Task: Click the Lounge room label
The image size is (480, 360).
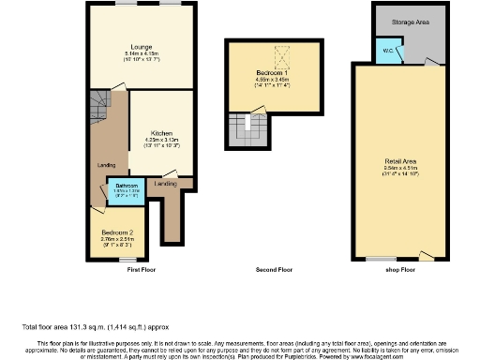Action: click(142, 45)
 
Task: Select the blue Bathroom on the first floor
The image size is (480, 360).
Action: click(126, 190)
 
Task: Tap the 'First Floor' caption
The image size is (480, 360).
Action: click(141, 270)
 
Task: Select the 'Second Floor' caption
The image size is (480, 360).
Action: click(275, 270)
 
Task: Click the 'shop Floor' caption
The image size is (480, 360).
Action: click(401, 270)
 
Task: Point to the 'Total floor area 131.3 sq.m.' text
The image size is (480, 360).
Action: click(84, 326)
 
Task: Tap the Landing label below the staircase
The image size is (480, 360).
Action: click(106, 167)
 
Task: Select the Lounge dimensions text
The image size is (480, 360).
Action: click(142, 55)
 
